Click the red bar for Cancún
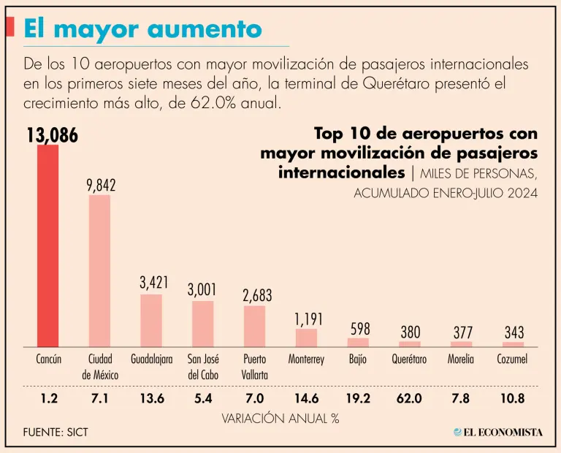[x=47, y=245]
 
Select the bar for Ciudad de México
[x=99, y=270]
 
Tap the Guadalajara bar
[x=151, y=320]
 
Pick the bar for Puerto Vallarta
[x=254, y=326]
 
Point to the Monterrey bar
[x=306, y=338]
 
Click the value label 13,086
[x=52, y=136]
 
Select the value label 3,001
[x=202, y=289]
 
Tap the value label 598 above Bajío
[x=358, y=330]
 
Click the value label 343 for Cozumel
[x=514, y=333]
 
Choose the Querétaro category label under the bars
[x=410, y=359]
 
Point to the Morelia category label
[x=462, y=359]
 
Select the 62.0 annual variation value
[x=410, y=400]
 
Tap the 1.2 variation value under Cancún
[x=47, y=400]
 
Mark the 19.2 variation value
[x=358, y=400]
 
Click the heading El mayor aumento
[x=142, y=28]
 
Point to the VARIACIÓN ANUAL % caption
[x=280, y=419]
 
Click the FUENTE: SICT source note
[x=56, y=432]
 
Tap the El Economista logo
[x=497, y=432]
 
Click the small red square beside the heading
[x=9, y=27]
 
